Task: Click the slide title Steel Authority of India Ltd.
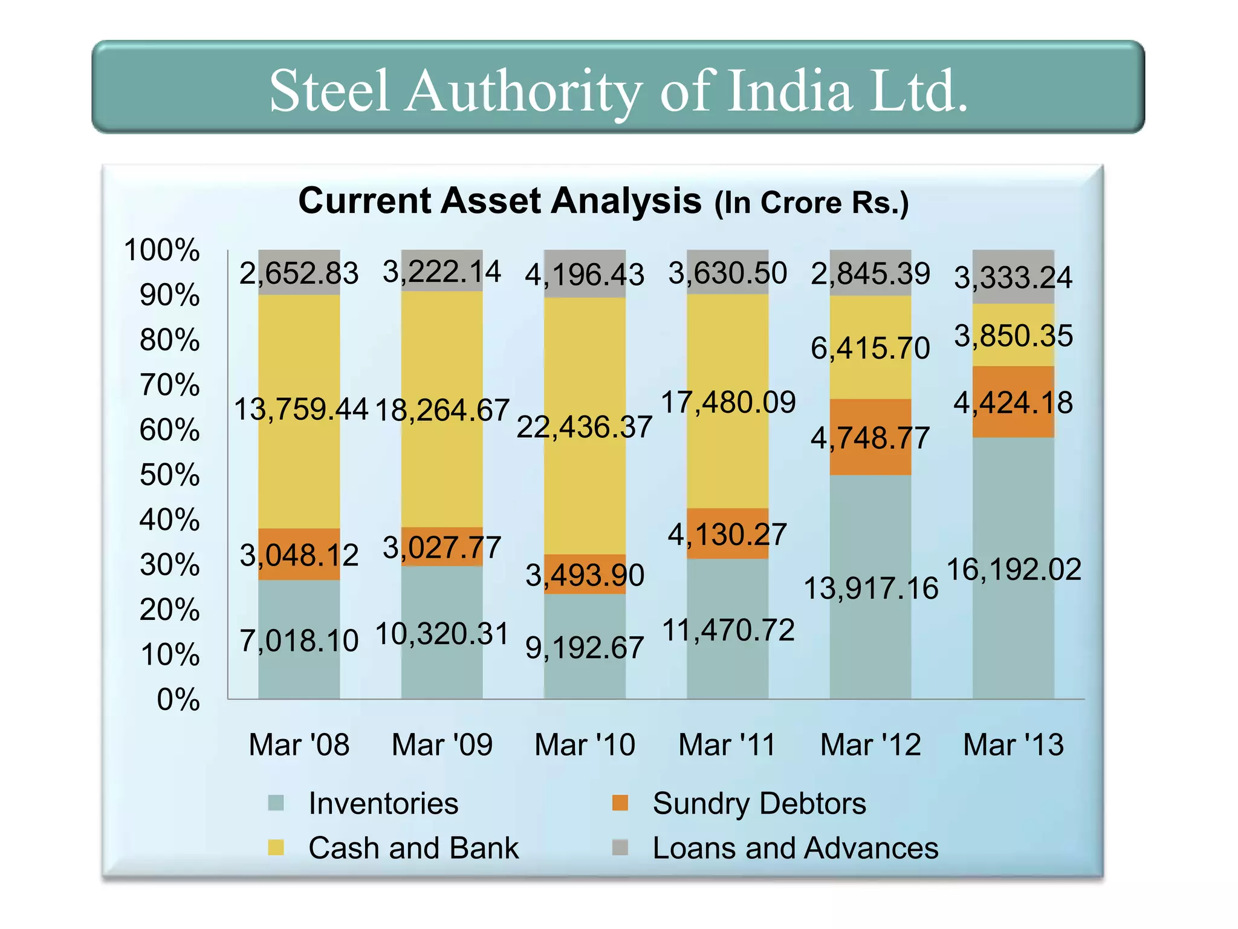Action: (x=618, y=91)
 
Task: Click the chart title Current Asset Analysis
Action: (x=499, y=201)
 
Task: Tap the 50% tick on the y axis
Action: (x=169, y=475)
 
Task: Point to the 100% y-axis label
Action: (x=161, y=250)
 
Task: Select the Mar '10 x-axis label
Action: (x=585, y=745)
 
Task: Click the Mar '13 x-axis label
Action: (x=1013, y=745)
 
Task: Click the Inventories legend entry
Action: (x=383, y=804)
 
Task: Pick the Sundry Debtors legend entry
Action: (x=759, y=804)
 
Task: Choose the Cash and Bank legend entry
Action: (x=413, y=848)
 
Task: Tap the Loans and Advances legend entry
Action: (x=795, y=848)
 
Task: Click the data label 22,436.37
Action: (x=585, y=427)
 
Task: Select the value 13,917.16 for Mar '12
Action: (x=870, y=588)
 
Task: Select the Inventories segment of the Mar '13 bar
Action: (x=1013, y=635)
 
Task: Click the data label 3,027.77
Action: (x=442, y=548)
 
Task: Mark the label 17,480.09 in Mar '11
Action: (x=728, y=402)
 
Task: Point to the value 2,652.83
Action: (x=299, y=273)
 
